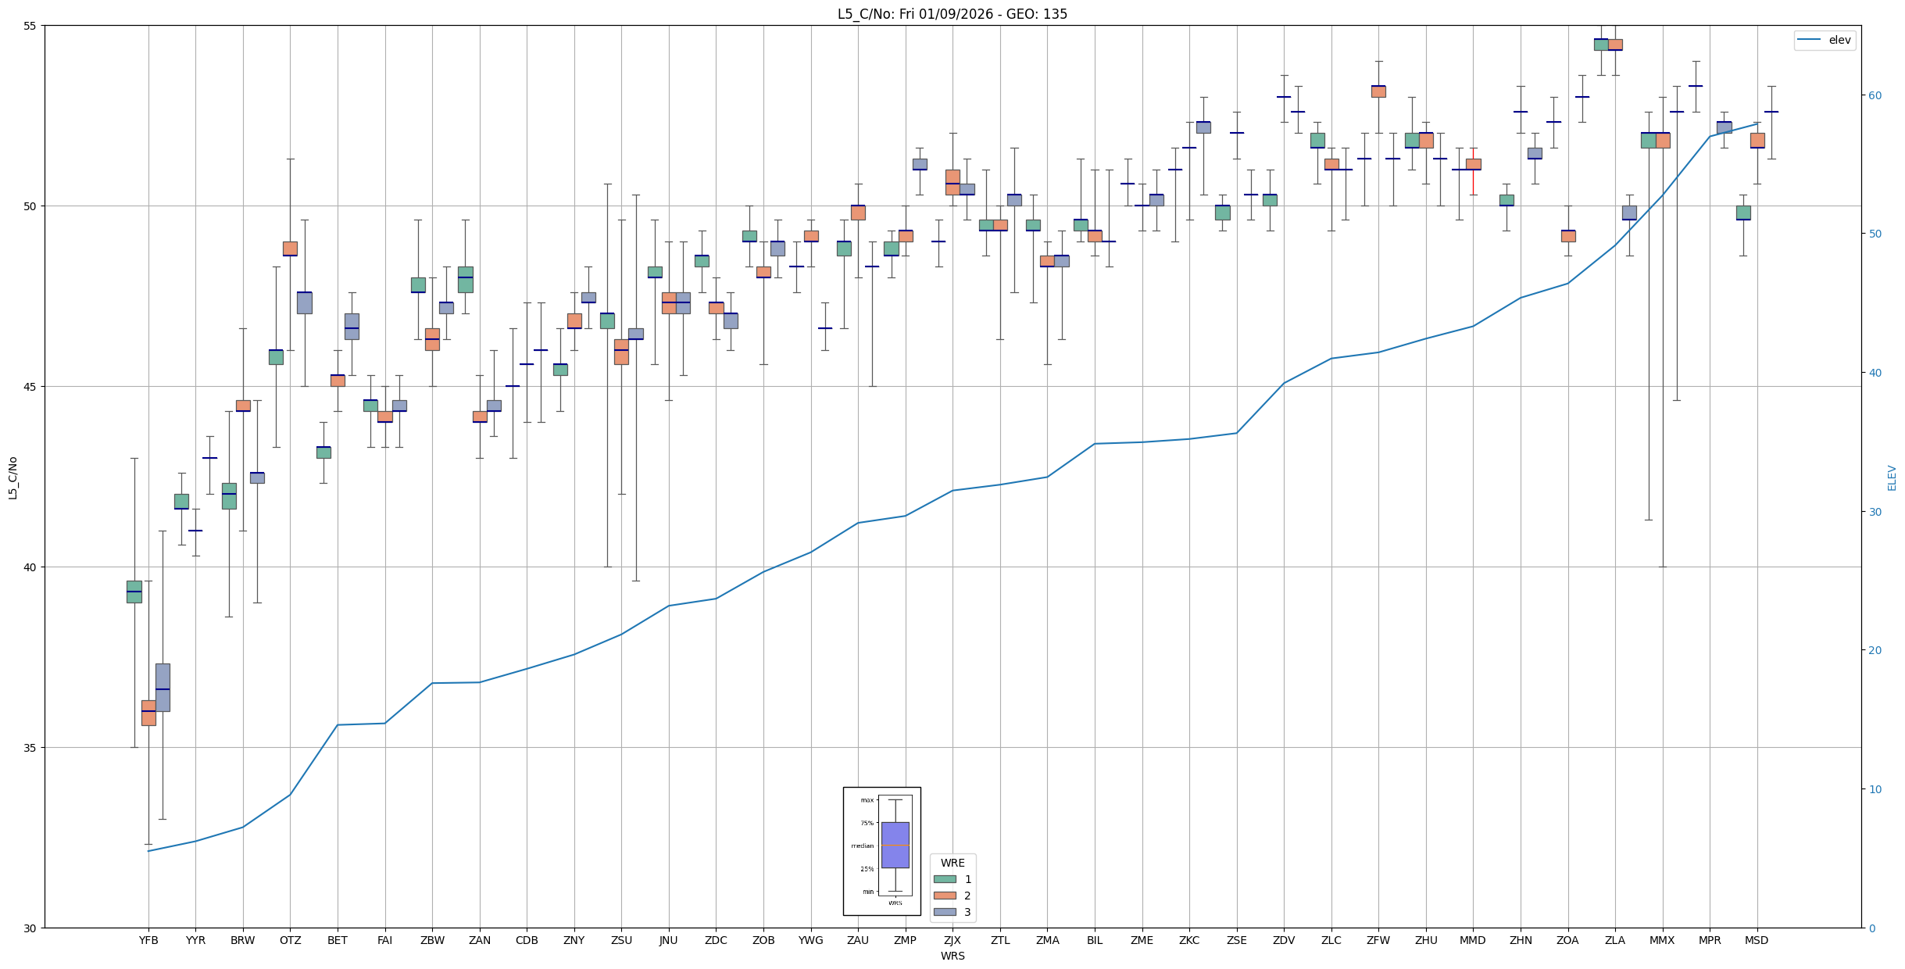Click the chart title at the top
(x=952, y=14)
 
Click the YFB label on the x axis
(x=148, y=940)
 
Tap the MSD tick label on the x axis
(x=1757, y=940)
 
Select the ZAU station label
(x=858, y=940)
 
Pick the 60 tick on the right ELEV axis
(x=1875, y=95)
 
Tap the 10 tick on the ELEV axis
(x=1875, y=789)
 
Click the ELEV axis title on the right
(x=1892, y=477)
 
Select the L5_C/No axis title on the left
(x=13, y=477)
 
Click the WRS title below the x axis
(x=952, y=956)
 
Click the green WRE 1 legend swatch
(x=945, y=879)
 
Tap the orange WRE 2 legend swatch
(x=945, y=896)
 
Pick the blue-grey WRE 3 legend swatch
(x=945, y=912)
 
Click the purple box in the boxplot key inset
(x=895, y=845)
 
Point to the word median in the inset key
(x=863, y=846)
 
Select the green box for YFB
(x=134, y=592)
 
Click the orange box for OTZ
(x=290, y=249)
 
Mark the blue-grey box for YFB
(x=163, y=687)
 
